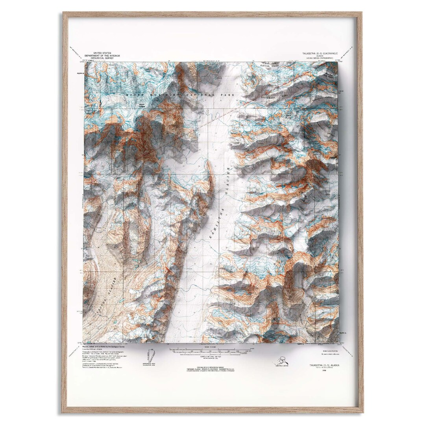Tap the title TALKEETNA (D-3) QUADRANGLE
coord(320,53)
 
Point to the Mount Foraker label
coord(142,105)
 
